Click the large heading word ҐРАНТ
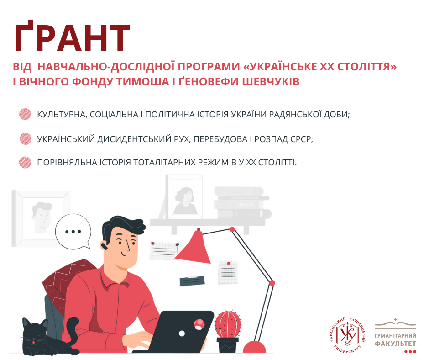73,36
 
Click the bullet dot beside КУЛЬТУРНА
25,114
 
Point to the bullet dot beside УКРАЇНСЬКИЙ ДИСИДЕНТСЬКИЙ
25,138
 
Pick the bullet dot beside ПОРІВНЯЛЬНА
25,162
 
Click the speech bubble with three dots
73,232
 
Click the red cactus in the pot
228,324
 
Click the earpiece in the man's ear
104,246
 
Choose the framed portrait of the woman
184,197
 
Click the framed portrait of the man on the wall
41,218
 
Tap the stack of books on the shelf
242,202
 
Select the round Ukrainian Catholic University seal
347,335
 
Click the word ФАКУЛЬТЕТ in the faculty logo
395,344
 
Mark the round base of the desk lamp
254,347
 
